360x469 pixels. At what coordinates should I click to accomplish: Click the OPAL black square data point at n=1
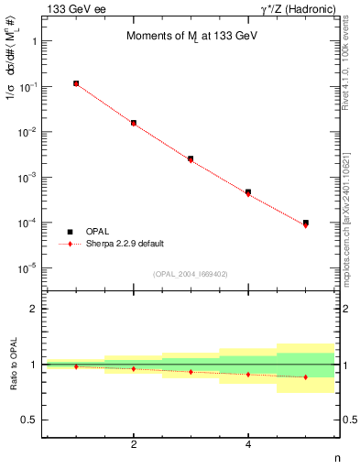[x=76, y=83]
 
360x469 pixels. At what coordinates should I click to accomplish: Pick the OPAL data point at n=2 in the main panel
[x=134, y=122]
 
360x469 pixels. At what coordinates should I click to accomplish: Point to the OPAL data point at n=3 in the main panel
[x=191, y=158]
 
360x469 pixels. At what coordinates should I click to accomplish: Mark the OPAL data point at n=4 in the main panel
[x=248, y=192]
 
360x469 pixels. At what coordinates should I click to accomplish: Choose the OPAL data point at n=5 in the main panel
[x=305, y=223]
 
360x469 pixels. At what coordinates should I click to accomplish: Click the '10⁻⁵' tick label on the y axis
[x=28, y=267]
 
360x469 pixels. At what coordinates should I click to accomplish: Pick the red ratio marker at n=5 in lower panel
[x=305, y=376]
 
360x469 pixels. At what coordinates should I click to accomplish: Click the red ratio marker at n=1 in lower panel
[x=76, y=366]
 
